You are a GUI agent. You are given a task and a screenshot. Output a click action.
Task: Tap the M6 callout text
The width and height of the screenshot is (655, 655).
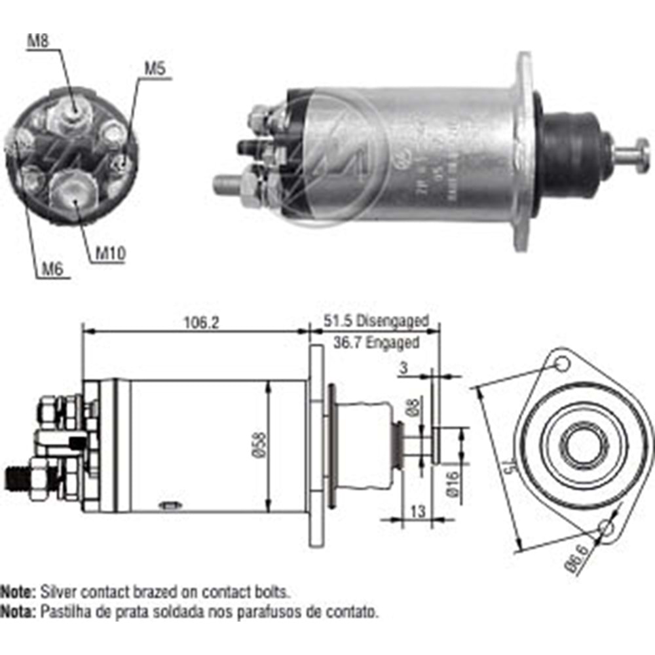tap(53, 269)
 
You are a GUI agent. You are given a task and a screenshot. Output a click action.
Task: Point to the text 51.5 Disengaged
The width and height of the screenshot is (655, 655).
tap(375, 321)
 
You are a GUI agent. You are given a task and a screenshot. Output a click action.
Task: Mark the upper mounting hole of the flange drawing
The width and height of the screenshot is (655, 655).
tap(561, 364)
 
